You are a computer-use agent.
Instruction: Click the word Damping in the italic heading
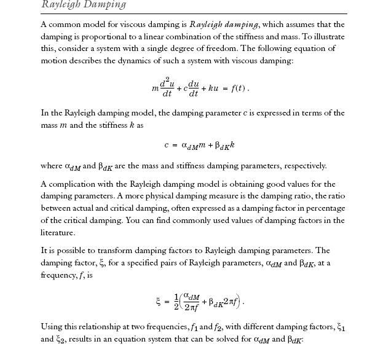pos(104,5)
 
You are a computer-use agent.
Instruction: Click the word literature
pos(58,233)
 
